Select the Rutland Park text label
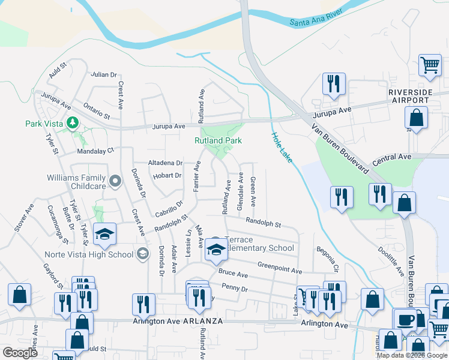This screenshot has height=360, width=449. tap(218, 140)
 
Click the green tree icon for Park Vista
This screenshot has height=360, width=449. tap(73, 122)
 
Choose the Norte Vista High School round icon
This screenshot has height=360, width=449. tap(142, 254)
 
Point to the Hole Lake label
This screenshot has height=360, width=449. tap(281, 146)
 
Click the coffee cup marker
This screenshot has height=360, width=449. tap(405, 318)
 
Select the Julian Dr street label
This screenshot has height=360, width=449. tap(104, 75)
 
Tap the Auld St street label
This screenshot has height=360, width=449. tap(57, 73)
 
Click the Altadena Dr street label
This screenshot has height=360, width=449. tap(165, 163)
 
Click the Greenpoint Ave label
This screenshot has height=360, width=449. tap(279, 268)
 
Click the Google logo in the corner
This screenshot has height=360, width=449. tap(20, 352)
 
